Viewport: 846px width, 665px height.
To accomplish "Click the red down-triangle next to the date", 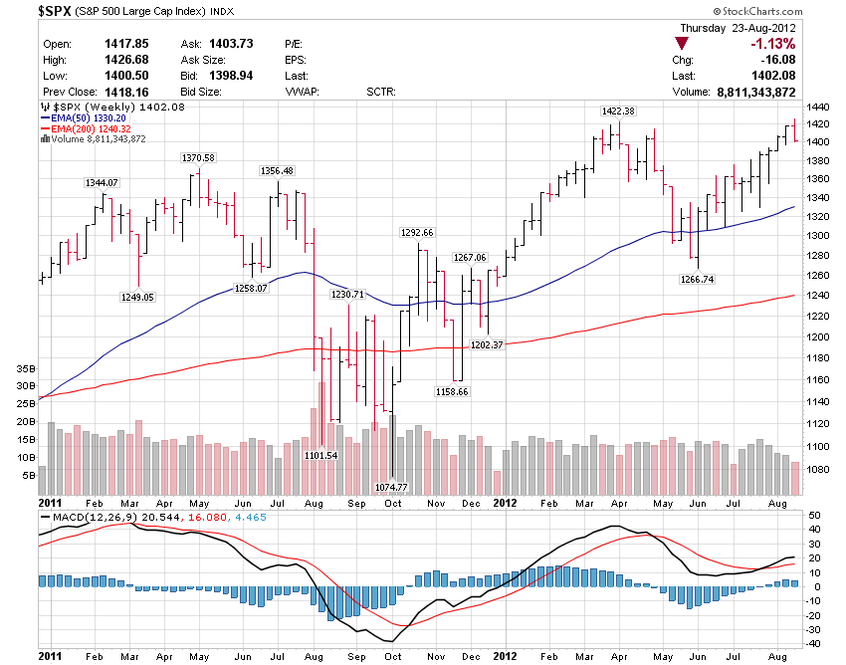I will [681, 44].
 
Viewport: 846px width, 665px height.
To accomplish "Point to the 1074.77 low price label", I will [391, 487].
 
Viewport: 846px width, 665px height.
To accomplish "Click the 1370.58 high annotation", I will [198, 158].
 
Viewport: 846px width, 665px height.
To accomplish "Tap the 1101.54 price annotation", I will [320, 455].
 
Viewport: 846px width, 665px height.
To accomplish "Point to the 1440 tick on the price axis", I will [818, 107].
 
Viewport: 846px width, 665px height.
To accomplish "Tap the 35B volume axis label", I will [25, 368].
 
